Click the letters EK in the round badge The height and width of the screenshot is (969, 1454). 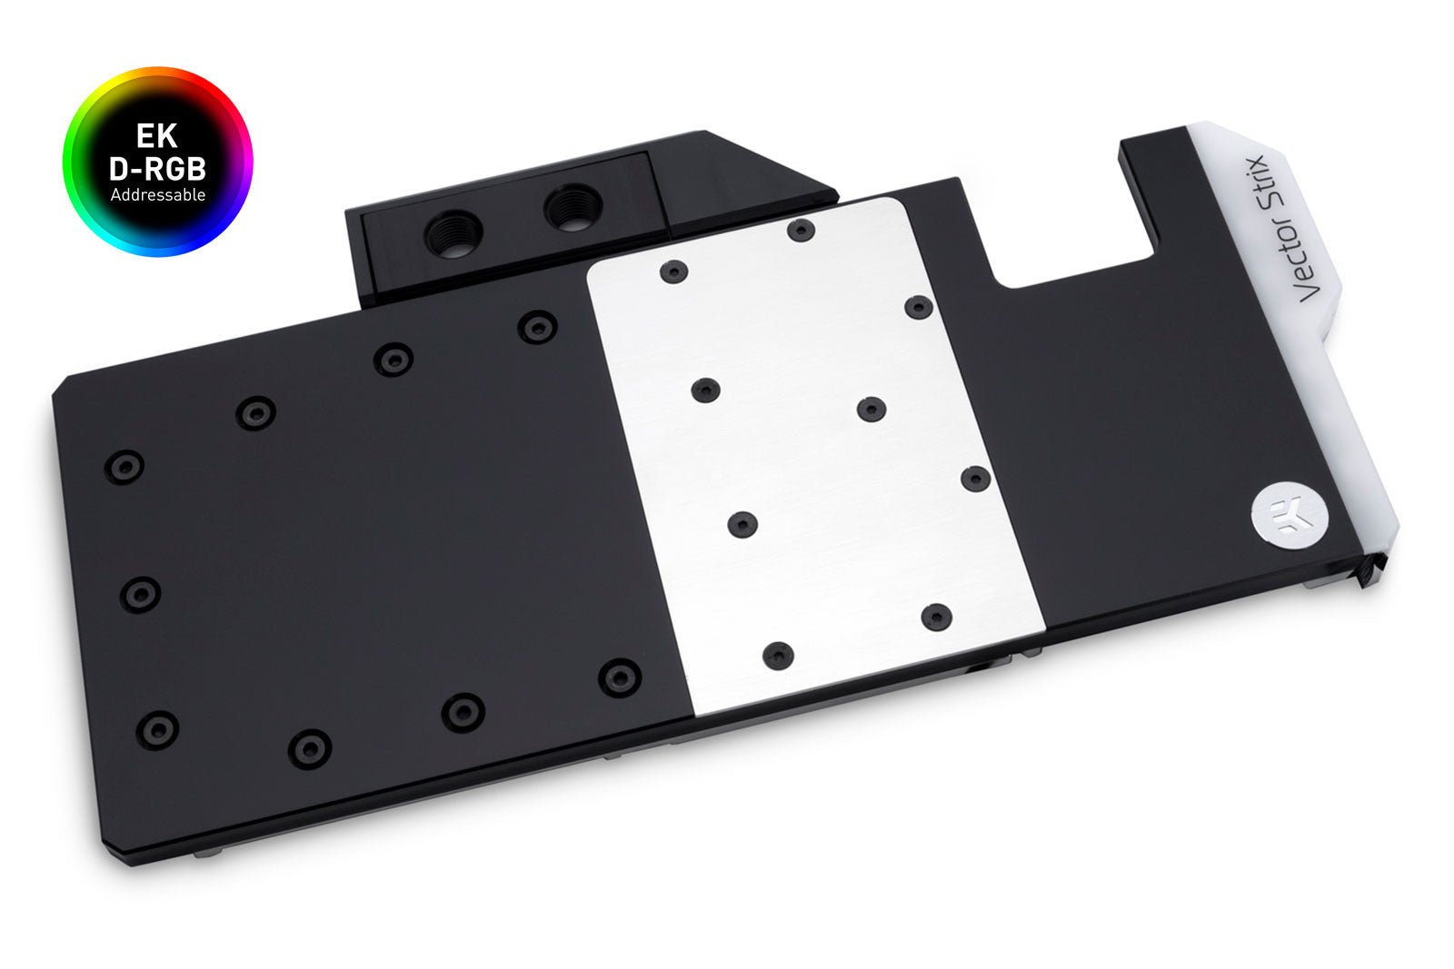(x=157, y=135)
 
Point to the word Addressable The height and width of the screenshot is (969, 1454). (x=157, y=194)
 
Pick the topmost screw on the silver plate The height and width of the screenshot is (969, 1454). (x=800, y=230)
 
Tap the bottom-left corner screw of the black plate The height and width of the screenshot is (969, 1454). (x=159, y=728)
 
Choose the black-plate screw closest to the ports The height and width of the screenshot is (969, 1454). (x=537, y=327)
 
